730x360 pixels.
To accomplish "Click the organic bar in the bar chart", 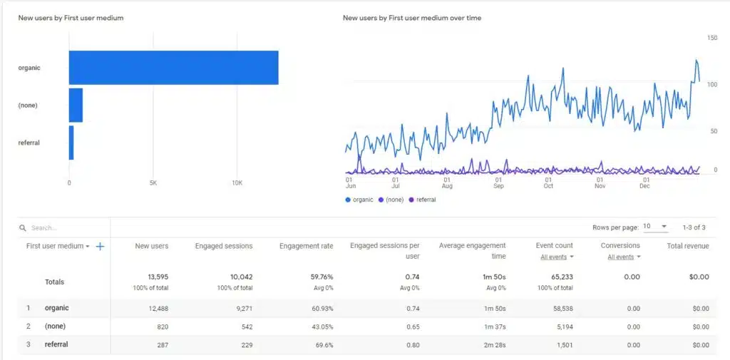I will point(173,68).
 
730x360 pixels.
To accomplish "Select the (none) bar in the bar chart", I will point(76,106).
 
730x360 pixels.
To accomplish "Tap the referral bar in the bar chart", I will point(71,143).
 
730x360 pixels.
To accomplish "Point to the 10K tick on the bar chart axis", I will point(237,182).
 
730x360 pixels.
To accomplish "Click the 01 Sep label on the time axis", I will point(498,182).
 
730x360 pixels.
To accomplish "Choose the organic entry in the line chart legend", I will point(362,200).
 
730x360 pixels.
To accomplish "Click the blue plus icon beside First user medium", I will point(100,246).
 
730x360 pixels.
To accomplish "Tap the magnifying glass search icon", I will point(24,228).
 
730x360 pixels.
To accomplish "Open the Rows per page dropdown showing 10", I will point(655,227).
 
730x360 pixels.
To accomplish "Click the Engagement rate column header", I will point(306,246).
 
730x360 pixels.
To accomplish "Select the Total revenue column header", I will point(687,246).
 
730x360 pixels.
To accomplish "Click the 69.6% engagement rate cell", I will point(322,345).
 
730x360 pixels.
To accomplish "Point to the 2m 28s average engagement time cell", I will point(493,345).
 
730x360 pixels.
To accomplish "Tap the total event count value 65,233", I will point(558,277).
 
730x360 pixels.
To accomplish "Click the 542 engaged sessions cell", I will point(242,326).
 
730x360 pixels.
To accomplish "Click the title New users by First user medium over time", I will point(411,18).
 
